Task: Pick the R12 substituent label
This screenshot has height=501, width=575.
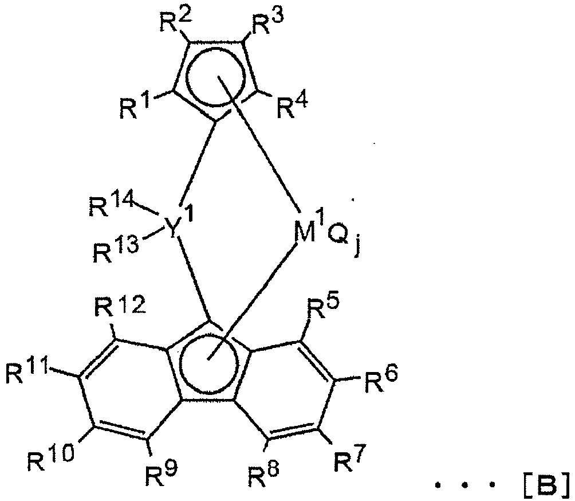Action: tap(120, 306)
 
